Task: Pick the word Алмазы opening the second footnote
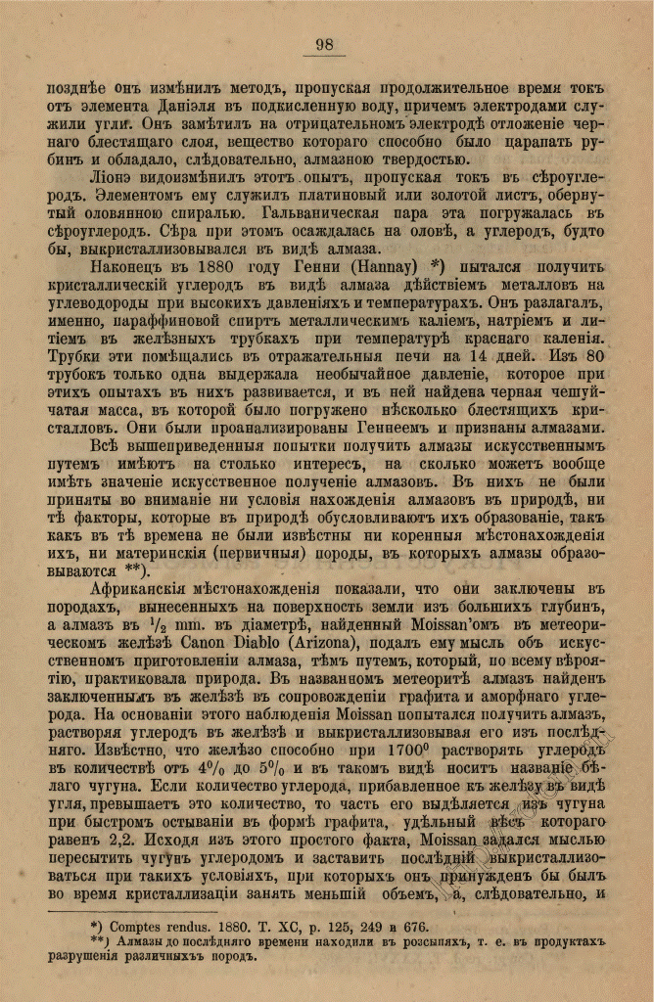coord(140,940)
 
